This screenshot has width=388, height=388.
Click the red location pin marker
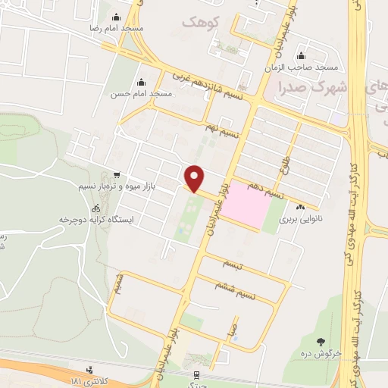[x=195, y=178]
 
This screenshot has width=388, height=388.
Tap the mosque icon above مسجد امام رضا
[x=116, y=18]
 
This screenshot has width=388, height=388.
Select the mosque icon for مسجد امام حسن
[x=141, y=83]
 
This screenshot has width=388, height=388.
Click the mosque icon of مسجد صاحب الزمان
[x=302, y=55]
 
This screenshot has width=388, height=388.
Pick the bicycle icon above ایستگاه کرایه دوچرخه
[x=95, y=208]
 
